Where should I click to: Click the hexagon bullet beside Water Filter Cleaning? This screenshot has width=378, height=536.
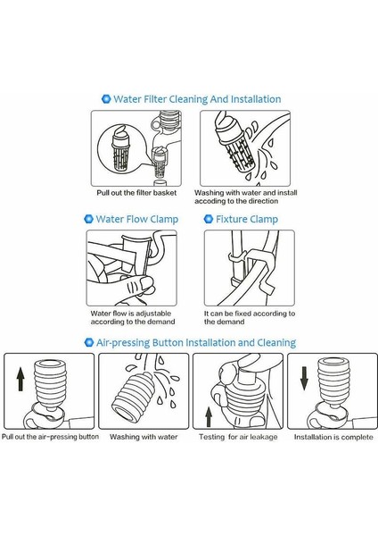[106, 99]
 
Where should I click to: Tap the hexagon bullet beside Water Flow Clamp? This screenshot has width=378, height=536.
[88, 219]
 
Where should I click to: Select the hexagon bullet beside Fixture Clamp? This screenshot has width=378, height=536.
[209, 219]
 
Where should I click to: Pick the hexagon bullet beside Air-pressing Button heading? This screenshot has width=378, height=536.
[88, 342]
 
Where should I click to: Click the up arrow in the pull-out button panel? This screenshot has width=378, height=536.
[21, 379]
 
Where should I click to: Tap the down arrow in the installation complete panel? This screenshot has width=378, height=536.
[304, 379]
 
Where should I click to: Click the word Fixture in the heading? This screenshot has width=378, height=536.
[231, 219]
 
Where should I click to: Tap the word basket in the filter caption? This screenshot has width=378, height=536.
[165, 193]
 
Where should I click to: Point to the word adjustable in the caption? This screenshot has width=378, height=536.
[154, 314]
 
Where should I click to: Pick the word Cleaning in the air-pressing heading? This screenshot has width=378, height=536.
[276, 342]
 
